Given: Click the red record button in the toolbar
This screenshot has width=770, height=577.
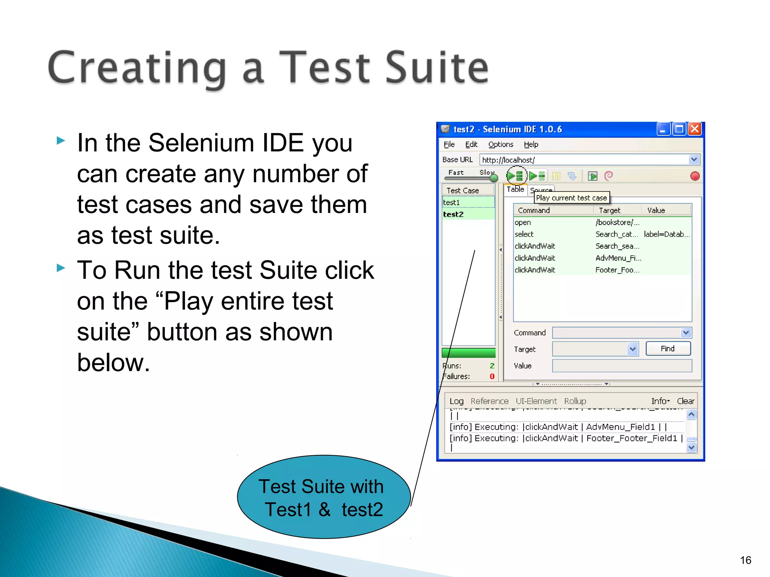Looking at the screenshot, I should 695,176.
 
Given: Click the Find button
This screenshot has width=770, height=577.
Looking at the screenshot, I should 668,349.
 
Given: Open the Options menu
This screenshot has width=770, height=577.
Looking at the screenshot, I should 500,145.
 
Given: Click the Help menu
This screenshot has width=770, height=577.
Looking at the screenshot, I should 531,145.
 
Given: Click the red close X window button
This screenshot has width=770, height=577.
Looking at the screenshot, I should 695,129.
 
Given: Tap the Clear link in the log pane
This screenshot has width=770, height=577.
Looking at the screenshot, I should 685,401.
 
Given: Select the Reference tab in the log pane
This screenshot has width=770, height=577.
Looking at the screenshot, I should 489,401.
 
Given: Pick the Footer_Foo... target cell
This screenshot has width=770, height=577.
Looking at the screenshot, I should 617,270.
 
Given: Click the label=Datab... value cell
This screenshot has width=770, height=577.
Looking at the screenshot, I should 666,234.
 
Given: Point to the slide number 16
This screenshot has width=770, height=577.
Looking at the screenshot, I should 745,560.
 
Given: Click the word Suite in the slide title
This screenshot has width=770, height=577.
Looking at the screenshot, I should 436,68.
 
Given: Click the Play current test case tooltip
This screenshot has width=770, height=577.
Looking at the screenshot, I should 571,198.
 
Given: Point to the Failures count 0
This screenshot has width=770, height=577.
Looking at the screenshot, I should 492,376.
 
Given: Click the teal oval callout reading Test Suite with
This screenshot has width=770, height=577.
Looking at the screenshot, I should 323,497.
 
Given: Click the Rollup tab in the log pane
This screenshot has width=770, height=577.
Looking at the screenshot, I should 575,401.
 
